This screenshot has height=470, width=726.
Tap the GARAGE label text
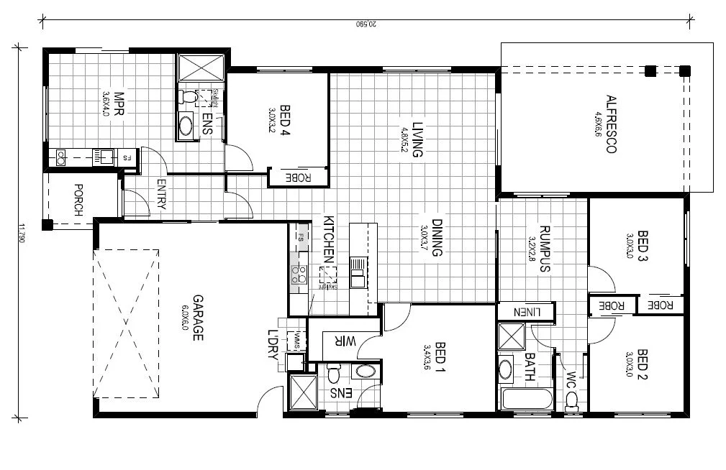pyautogui.click(x=196, y=318)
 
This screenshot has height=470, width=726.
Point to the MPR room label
pyautogui.click(x=119, y=104)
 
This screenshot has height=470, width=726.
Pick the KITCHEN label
pyautogui.click(x=328, y=238)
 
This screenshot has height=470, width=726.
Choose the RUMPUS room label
pyautogui.click(x=544, y=249)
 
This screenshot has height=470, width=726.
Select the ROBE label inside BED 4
pyautogui.click(x=298, y=177)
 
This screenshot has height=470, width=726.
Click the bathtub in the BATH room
pyautogui.click(x=525, y=398)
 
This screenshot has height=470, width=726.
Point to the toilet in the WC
pyautogui.click(x=571, y=399)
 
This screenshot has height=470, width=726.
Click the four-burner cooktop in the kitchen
pyautogui.click(x=299, y=274)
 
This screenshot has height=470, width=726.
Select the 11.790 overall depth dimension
pyautogui.click(x=22, y=234)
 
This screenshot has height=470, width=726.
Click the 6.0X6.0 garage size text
pyautogui.click(x=185, y=318)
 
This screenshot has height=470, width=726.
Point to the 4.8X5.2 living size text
pyautogui.click(x=404, y=137)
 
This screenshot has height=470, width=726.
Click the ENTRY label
pyautogui.click(x=160, y=194)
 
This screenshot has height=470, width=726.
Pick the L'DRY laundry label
pyautogui.click(x=273, y=351)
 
